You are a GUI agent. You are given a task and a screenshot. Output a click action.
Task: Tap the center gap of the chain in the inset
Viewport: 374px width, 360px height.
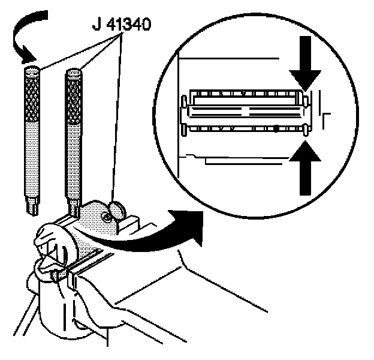click(246, 110)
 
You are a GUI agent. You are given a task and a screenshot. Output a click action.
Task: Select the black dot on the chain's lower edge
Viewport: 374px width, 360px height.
click(275, 128)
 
